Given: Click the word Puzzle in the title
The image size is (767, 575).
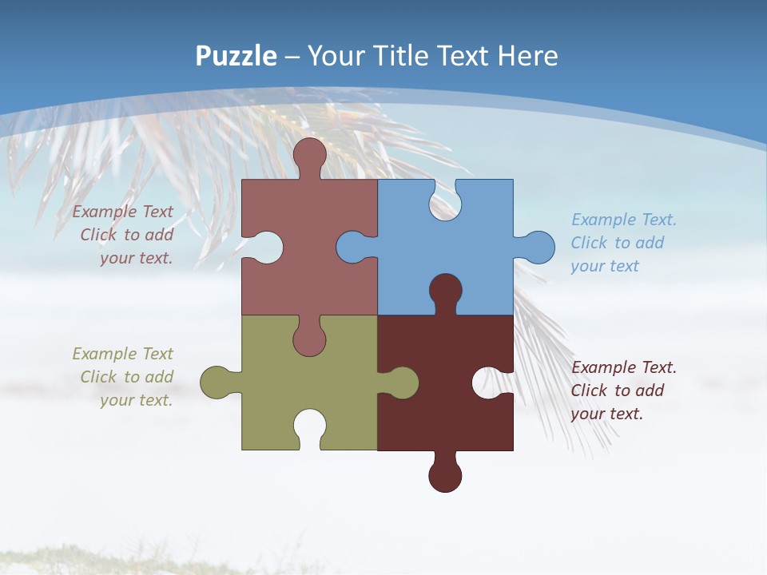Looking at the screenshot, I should [236, 56].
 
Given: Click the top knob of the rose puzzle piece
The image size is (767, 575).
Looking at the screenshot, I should [309, 155].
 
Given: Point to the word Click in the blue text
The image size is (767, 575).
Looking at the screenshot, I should [589, 243].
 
